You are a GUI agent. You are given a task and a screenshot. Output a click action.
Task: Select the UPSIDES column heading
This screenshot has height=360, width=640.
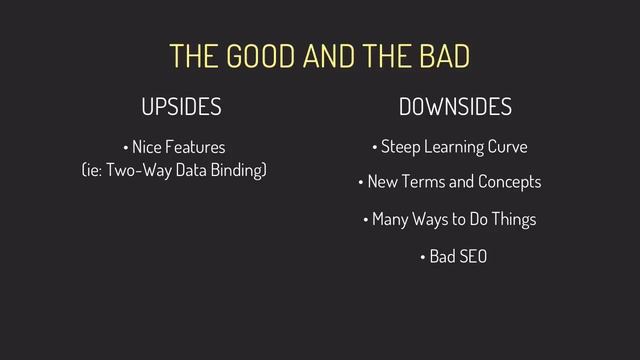(x=181, y=106)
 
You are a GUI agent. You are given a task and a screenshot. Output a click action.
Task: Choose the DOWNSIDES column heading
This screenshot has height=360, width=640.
(x=455, y=106)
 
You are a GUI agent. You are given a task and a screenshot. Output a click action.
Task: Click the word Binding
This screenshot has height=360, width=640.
(x=235, y=171)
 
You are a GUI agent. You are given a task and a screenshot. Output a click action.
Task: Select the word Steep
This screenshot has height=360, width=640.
(x=400, y=148)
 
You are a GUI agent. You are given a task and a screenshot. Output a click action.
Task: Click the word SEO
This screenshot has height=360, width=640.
(x=470, y=256)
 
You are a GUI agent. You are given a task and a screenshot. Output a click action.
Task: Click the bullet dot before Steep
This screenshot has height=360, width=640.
(x=374, y=149)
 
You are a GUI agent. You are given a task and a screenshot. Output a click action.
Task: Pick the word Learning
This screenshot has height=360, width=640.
(x=454, y=149)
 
